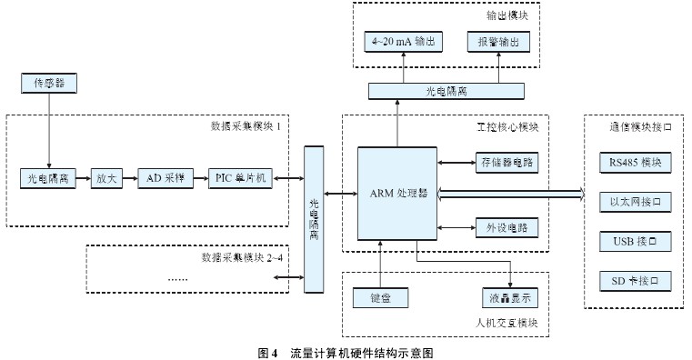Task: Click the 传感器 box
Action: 49,84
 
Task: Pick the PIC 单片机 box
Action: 240,177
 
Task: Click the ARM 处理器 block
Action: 396,194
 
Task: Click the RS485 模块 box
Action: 634,163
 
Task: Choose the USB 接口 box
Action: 634,241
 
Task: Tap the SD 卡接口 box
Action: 634,280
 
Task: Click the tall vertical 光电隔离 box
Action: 314,219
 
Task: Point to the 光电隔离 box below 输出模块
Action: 446,90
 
